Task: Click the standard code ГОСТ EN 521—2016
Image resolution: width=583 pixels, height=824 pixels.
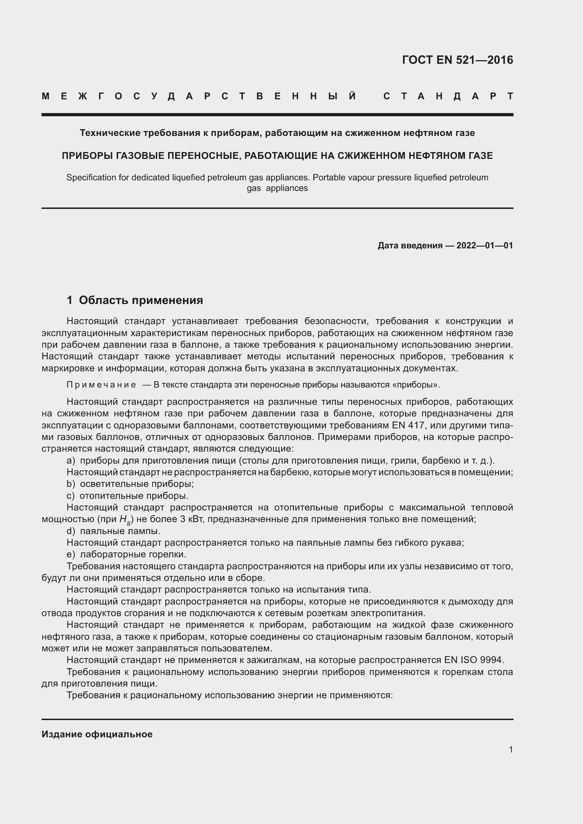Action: point(458,60)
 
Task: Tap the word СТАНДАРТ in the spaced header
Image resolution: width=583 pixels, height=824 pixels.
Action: point(448,97)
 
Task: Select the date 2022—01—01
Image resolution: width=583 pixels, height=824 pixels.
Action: point(485,246)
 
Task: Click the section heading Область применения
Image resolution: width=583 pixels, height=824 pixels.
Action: point(141,300)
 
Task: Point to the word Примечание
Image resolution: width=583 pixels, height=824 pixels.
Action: point(101,385)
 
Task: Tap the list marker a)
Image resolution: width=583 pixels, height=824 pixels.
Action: point(71,460)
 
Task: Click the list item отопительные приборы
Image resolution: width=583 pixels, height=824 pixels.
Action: point(134,496)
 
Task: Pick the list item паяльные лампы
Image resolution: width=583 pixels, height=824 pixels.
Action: point(120,531)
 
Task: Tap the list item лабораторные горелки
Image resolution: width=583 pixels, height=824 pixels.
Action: point(133,554)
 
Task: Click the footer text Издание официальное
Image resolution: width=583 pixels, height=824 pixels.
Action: point(97,734)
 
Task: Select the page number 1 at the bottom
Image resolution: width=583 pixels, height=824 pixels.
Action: point(511,749)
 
